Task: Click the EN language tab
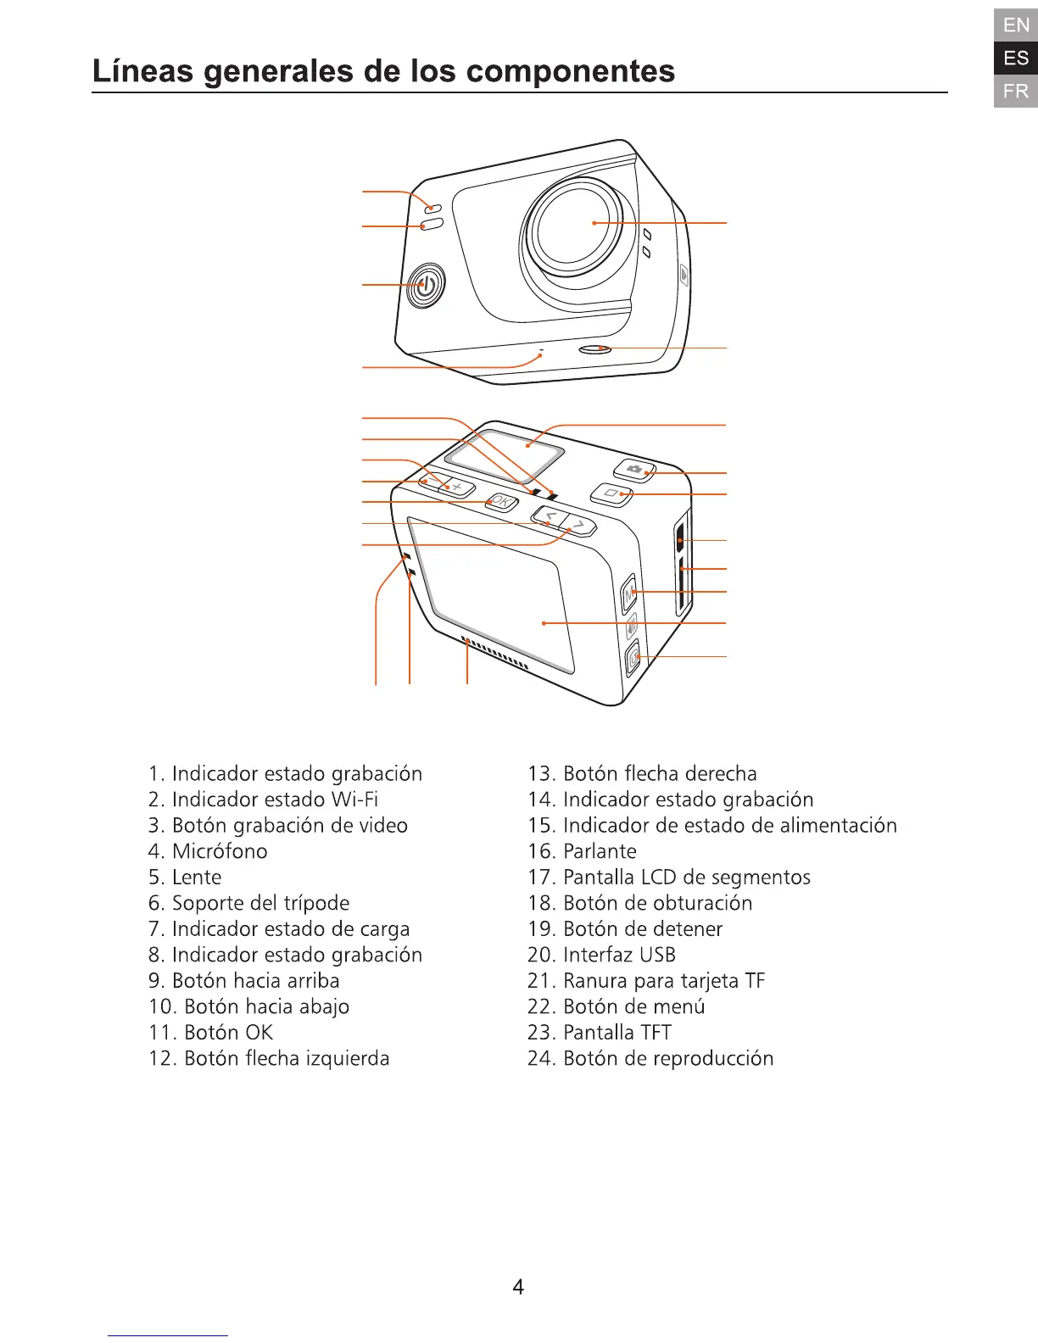[x=1016, y=25]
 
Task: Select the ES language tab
[x=1016, y=59]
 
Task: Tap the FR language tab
[x=1016, y=91]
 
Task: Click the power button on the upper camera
[x=427, y=286]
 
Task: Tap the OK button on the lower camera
[x=501, y=502]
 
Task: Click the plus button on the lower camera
[x=458, y=487]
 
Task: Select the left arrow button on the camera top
[x=550, y=515]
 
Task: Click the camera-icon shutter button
[x=634, y=469]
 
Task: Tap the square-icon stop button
[x=611, y=493]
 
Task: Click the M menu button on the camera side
[x=629, y=593]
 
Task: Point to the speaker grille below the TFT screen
[x=495, y=654]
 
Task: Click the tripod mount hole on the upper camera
[x=594, y=348]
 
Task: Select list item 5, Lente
[x=185, y=878]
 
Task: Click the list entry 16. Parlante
[x=582, y=852]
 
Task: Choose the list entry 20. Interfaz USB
[x=601, y=956]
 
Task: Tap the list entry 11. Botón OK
[x=210, y=1033]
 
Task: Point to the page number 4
[x=518, y=1287]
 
